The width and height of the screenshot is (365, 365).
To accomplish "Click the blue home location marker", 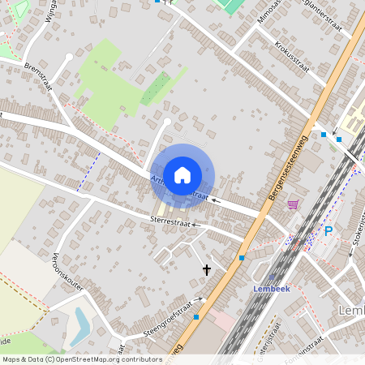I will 182,174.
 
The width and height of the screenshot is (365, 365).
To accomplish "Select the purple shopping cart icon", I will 292,204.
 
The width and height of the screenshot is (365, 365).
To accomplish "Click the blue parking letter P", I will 328,231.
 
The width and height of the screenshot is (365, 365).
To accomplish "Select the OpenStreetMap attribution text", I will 82,359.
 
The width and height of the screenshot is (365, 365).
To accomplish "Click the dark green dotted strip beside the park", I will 154,89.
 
